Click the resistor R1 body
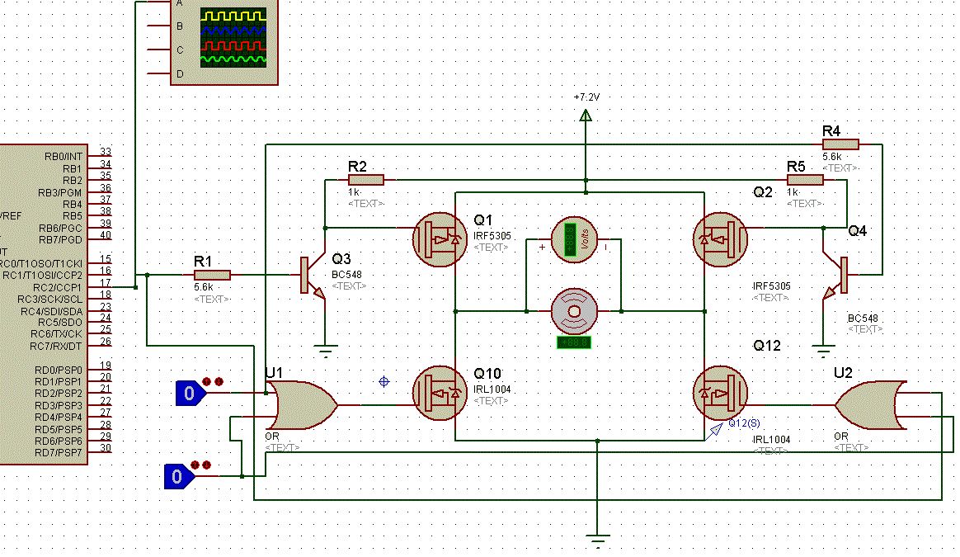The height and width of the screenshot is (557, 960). tap(212, 275)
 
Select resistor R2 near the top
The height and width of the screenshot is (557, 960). tap(366, 179)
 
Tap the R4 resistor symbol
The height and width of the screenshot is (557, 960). tap(840, 144)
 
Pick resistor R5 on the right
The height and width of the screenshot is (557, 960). tap(805, 179)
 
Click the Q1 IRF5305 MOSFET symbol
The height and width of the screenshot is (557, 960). tap(440, 239)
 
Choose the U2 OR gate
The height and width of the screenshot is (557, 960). tap(873, 405)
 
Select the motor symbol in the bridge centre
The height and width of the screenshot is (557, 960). tap(574, 311)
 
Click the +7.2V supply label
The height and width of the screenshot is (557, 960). tap(586, 97)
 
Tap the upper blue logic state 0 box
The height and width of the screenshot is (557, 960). tap(190, 394)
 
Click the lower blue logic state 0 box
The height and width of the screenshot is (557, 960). tap(176, 476)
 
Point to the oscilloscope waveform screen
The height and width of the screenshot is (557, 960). tap(234, 37)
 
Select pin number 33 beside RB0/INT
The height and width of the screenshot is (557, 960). tap(105, 152)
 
